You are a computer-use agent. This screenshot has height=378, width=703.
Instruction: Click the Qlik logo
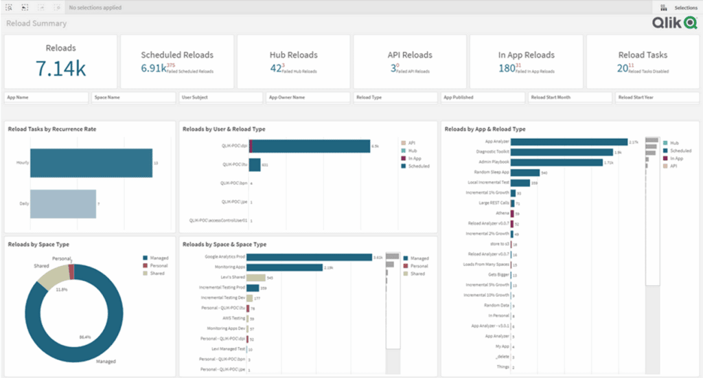(x=674, y=23)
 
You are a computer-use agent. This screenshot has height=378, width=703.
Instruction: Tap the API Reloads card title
(x=410, y=55)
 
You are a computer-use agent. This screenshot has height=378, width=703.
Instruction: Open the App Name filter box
(x=47, y=98)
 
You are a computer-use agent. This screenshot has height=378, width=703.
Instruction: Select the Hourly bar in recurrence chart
(x=91, y=163)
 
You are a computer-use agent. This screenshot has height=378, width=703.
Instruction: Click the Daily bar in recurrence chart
(x=63, y=204)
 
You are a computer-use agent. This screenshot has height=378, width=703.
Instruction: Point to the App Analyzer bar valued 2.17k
(x=569, y=142)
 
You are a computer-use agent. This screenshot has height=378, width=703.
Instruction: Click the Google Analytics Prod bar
(x=309, y=257)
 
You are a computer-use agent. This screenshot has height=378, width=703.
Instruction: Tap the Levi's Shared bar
(x=255, y=277)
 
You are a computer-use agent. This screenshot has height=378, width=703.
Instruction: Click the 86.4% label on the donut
(x=85, y=337)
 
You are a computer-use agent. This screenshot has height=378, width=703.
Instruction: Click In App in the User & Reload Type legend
(x=416, y=158)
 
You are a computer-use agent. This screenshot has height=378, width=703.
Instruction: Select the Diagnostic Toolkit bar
(x=562, y=152)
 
